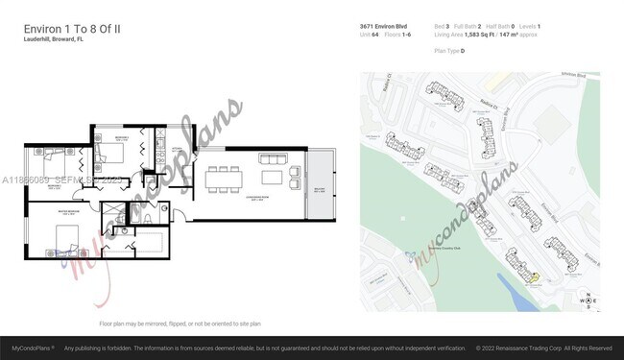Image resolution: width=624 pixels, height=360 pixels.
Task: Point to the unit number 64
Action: pyautogui.click(x=377, y=36)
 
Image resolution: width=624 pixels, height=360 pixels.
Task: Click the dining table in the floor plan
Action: pyautogui.click(x=223, y=178)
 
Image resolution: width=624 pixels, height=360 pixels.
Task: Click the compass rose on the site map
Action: pyautogui.click(x=585, y=299)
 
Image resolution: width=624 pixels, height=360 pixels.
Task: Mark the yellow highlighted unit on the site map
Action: pyautogui.click(x=536, y=278)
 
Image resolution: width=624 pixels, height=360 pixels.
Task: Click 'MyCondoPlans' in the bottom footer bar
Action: pyautogui.click(x=31, y=348)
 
